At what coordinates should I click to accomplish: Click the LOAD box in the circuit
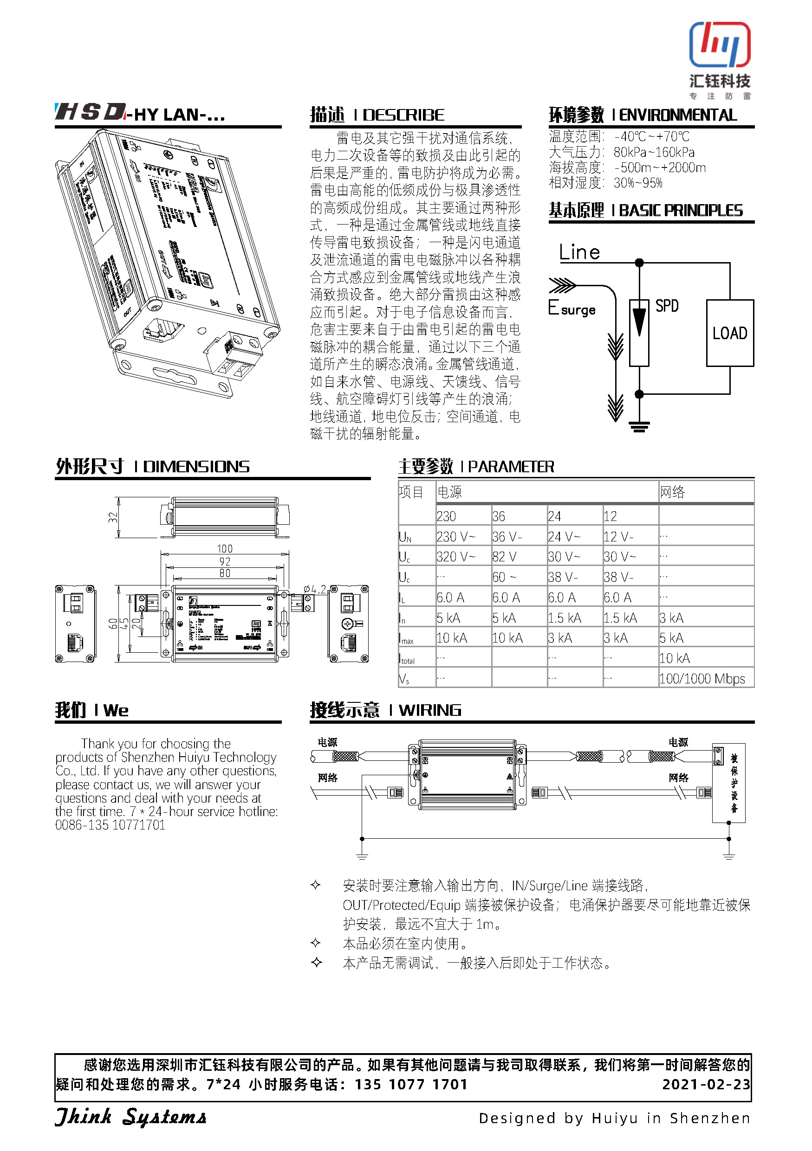(x=729, y=334)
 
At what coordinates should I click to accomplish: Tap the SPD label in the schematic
(x=667, y=306)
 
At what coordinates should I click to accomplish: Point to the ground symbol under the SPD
(x=639, y=426)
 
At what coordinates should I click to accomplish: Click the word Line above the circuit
(x=579, y=252)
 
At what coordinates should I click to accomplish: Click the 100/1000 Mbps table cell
(x=702, y=679)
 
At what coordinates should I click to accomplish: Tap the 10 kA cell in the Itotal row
(x=675, y=658)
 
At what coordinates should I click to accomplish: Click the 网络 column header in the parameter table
(x=672, y=492)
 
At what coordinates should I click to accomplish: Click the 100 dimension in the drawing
(x=225, y=549)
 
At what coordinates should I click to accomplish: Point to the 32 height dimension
(x=113, y=517)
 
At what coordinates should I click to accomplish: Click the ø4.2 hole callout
(x=314, y=589)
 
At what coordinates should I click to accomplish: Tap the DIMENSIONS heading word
(x=196, y=467)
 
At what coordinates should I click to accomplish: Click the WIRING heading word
(x=430, y=710)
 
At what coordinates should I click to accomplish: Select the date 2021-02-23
(x=706, y=1084)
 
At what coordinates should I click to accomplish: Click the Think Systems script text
(x=130, y=1117)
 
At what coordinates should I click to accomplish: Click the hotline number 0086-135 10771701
(x=110, y=825)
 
